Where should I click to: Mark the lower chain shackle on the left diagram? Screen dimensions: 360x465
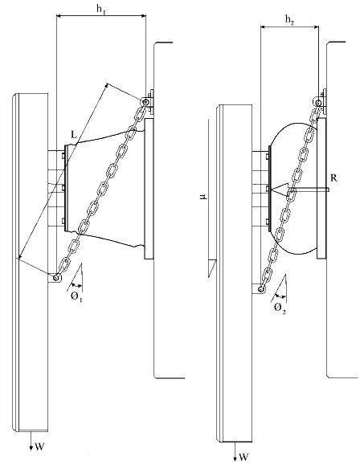pyautogui.click(x=55, y=278)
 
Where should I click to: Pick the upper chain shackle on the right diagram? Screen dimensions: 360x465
pyautogui.click(x=319, y=102)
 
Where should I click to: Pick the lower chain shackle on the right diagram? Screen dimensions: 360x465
pyautogui.click(x=260, y=288)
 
